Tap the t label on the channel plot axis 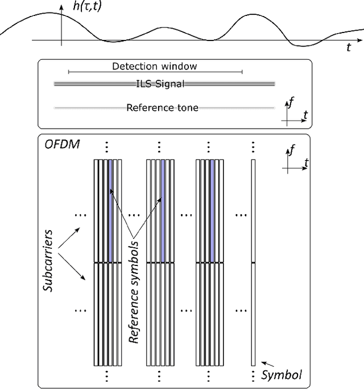click(x=349, y=48)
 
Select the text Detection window click(x=154, y=66)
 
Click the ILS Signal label click(x=164, y=84)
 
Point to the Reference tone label click(x=162, y=107)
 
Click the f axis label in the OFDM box click(x=292, y=150)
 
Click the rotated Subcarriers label click(x=49, y=261)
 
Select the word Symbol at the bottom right click(x=281, y=375)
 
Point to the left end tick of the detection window click(x=68, y=72)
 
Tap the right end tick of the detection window click(x=242, y=72)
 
